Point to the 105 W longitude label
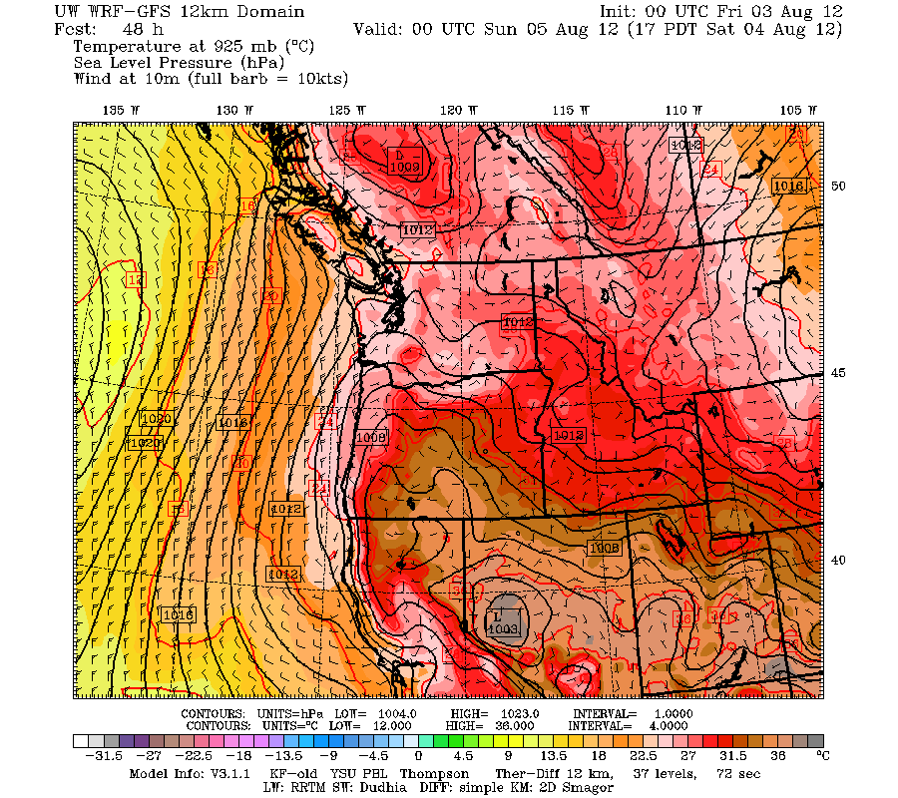(x=792, y=110)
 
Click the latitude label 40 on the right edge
(x=839, y=561)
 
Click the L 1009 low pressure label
(x=405, y=162)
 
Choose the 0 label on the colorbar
(x=418, y=757)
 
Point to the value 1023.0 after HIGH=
(x=518, y=714)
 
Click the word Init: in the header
(x=623, y=11)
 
